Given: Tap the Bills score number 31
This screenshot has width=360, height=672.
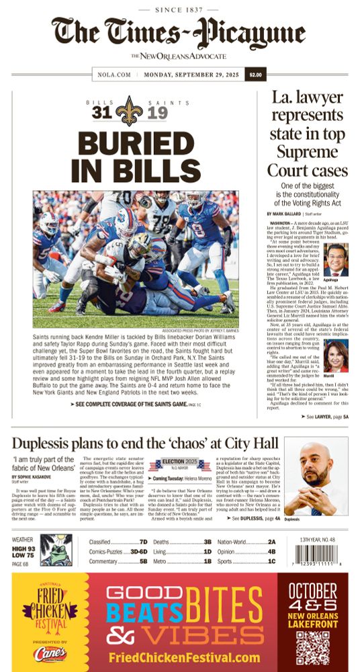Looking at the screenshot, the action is (x=101, y=113).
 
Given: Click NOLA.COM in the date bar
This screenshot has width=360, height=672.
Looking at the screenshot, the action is (x=114, y=75).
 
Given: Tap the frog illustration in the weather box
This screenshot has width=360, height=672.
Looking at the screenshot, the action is (x=56, y=550).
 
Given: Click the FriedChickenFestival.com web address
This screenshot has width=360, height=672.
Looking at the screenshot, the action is (x=183, y=657).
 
